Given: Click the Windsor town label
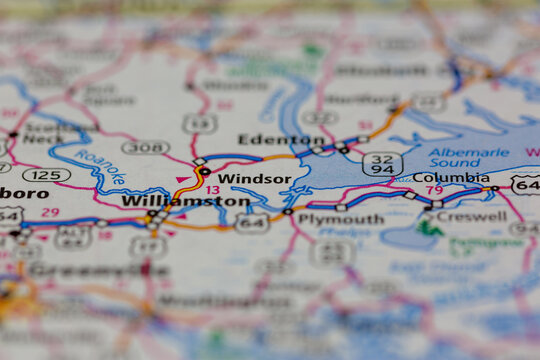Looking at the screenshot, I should [x=254, y=179].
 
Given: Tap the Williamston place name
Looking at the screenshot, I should [x=185, y=201].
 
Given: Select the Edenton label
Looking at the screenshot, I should [x=267, y=139].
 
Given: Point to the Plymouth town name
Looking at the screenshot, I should [x=341, y=219].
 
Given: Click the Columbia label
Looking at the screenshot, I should [x=450, y=178].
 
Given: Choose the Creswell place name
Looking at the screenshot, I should [x=471, y=215].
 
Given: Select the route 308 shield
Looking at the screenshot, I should [x=145, y=147].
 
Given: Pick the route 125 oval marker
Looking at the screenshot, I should [x=46, y=175].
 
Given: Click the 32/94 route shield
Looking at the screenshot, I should [x=382, y=164].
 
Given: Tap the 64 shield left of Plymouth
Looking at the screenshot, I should [x=252, y=222].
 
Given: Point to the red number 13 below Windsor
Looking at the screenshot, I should [x=212, y=189].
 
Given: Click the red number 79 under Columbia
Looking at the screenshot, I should [x=434, y=190].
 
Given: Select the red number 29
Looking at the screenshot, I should [x=50, y=212].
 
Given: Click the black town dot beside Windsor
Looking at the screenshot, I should [x=205, y=171].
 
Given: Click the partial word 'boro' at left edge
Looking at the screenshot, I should [x=23, y=192].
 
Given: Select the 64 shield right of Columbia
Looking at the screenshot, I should [x=525, y=185].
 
